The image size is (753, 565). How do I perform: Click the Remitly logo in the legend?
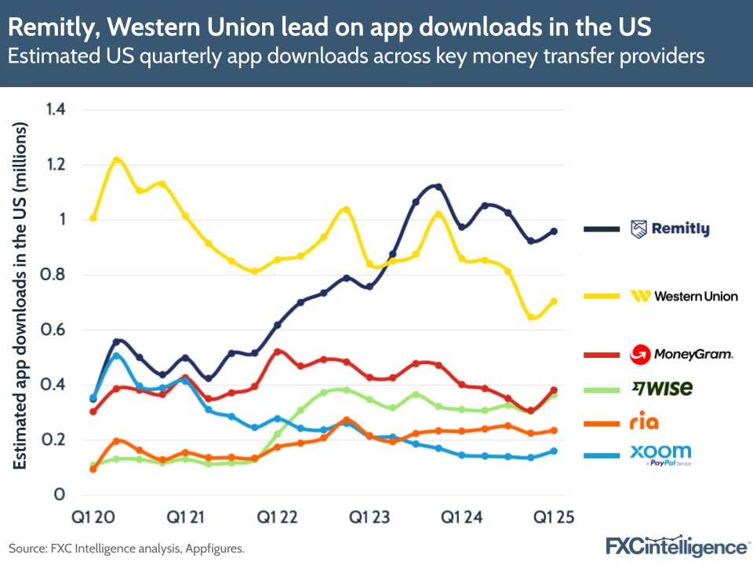pyautogui.click(x=670, y=229)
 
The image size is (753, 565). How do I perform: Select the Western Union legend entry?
pyautogui.click(x=684, y=296)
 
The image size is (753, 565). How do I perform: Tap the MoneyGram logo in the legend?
pyautogui.click(x=682, y=355)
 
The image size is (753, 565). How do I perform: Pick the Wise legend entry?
pyautogui.click(x=663, y=388)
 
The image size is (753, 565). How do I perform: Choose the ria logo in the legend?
pyautogui.click(x=644, y=423)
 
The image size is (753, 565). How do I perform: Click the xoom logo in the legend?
pyautogui.click(x=660, y=454)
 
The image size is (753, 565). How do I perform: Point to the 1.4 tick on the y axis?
pyautogui.click(x=55, y=110)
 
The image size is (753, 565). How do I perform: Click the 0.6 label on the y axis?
pyautogui.click(x=55, y=330)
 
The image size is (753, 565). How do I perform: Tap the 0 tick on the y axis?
pyautogui.click(x=59, y=495)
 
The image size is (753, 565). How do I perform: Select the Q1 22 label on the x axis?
pyautogui.click(x=278, y=518)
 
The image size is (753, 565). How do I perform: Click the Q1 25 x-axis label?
pyautogui.click(x=554, y=518)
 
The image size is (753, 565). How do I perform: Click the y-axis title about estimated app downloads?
pyautogui.click(x=21, y=296)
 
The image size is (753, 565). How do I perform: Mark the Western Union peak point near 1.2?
pyautogui.click(x=116, y=160)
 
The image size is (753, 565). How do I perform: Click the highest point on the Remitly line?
pyautogui.click(x=438, y=187)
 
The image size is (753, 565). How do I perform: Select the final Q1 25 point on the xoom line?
pyautogui.click(x=554, y=451)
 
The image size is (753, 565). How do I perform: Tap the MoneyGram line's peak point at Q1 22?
pyautogui.click(x=278, y=352)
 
